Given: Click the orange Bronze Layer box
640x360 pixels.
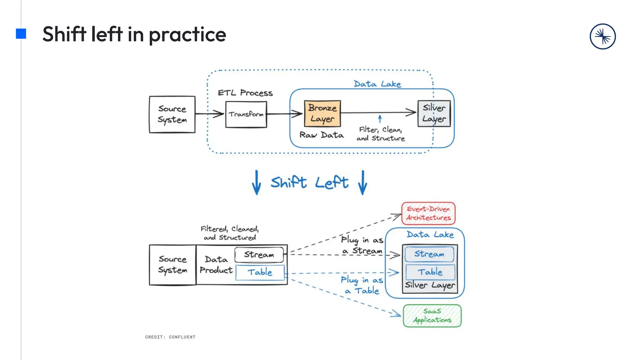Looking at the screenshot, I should point(322,113).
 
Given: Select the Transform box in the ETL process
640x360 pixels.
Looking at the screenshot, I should point(246,114).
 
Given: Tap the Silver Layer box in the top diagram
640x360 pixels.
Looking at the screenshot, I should point(434,113).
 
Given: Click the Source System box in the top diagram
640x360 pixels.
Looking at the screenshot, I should point(172,114).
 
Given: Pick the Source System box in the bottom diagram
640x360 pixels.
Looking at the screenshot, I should point(172,265).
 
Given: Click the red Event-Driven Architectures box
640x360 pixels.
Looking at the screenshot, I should point(428,213).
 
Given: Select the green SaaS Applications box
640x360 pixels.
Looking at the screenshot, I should point(432,316).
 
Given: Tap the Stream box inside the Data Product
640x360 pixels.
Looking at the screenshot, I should point(259,255).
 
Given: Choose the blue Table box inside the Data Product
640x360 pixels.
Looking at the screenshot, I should point(260,272).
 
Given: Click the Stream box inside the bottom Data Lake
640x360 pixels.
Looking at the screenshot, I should point(429,254).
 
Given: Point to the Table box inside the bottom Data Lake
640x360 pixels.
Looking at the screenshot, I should point(430,272).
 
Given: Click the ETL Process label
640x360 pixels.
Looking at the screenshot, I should point(245,93).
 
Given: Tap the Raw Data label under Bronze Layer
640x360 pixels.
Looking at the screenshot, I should point(322,135).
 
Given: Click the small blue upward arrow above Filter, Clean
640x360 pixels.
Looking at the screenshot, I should point(380,119).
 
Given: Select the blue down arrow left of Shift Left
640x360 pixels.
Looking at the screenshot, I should point(257,182).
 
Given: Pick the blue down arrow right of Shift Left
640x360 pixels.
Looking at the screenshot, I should point(363,182).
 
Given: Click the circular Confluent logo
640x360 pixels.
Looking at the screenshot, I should point(602,37).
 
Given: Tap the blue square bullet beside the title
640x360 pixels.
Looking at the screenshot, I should point(21,34).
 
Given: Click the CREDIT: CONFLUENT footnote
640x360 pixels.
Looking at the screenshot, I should point(170,337).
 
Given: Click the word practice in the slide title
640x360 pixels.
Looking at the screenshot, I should point(187,34).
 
